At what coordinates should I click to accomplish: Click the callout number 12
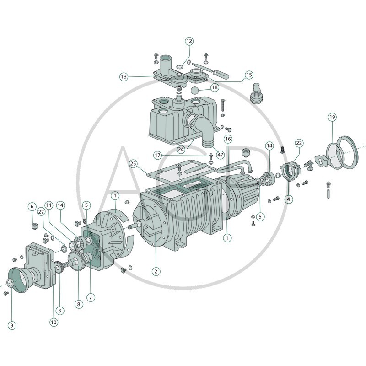tap(189, 41)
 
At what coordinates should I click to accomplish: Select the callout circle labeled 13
tap(124, 76)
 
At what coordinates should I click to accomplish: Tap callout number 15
tap(249, 75)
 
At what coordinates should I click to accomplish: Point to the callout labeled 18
tap(215, 87)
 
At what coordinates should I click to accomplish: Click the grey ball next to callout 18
tap(195, 90)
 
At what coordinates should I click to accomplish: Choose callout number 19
tap(332, 117)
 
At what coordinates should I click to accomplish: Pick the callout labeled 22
tap(299, 143)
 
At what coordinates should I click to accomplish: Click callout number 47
tap(220, 155)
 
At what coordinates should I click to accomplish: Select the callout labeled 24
tap(181, 149)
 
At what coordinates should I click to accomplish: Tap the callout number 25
tap(133, 164)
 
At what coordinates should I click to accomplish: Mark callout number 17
tap(157, 155)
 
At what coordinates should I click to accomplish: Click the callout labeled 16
tap(228, 139)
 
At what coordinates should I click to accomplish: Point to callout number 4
tap(289, 199)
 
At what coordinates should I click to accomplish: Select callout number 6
tap(32, 206)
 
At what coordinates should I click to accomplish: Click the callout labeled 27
tap(41, 212)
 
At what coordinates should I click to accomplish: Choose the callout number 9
tap(12, 325)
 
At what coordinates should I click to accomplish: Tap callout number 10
tap(54, 322)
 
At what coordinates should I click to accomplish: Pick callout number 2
tap(156, 271)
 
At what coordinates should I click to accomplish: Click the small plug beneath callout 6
tap(35, 226)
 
